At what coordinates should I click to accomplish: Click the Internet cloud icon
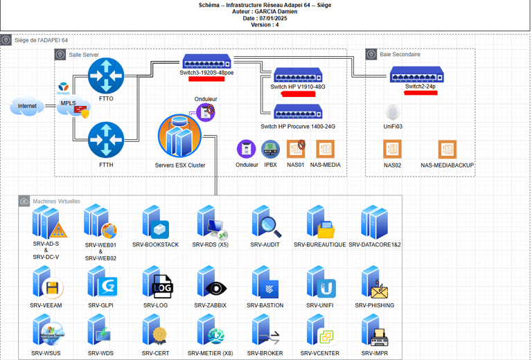(x=27, y=107)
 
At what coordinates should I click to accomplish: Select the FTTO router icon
(x=106, y=75)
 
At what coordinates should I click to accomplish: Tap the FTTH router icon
(x=106, y=139)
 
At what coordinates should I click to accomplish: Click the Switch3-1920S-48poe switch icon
(x=206, y=62)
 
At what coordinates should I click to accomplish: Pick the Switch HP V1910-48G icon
(x=297, y=75)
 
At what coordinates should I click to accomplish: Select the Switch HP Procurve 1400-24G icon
(x=297, y=111)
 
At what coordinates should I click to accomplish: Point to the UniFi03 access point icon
(x=393, y=112)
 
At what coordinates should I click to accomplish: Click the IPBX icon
(x=270, y=148)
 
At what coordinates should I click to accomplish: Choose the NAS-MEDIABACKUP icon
(x=447, y=149)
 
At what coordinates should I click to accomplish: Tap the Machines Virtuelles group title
(x=56, y=201)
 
